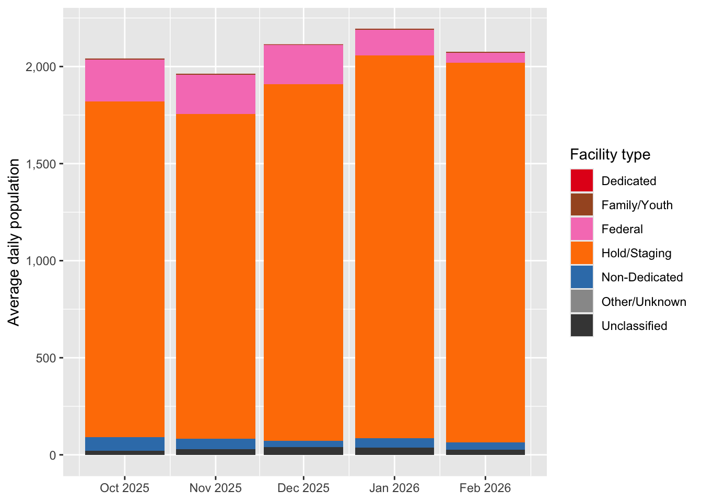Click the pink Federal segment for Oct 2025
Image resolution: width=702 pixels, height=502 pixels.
(x=125, y=81)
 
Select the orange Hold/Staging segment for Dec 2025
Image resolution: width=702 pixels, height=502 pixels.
(x=303, y=261)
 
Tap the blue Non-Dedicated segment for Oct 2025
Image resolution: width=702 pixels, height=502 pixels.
(x=125, y=444)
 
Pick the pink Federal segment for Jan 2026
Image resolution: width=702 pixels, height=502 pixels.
(x=394, y=42)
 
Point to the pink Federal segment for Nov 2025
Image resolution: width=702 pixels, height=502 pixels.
(x=216, y=94)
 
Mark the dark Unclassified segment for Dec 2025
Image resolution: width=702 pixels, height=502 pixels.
(x=303, y=451)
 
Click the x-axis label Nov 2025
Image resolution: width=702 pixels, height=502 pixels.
(x=216, y=488)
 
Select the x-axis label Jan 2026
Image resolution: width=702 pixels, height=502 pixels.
(x=394, y=488)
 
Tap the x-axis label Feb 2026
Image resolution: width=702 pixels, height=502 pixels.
(x=485, y=488)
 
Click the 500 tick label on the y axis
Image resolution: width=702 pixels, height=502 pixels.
(x=46, y=358)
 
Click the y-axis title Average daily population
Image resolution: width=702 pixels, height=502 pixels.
(x=14, y=242)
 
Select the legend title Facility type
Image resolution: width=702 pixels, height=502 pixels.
(x=610, y=155)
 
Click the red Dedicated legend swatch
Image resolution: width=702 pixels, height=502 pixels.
(x=582, y=181)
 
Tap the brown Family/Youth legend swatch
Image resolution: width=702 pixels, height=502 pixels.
(x=582, y=205)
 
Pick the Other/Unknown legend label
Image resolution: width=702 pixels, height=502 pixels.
(x=643, y=302)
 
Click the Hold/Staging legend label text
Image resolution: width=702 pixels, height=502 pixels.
(x=636, y=254)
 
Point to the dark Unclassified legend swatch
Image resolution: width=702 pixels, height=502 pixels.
(x=582, y=326)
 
